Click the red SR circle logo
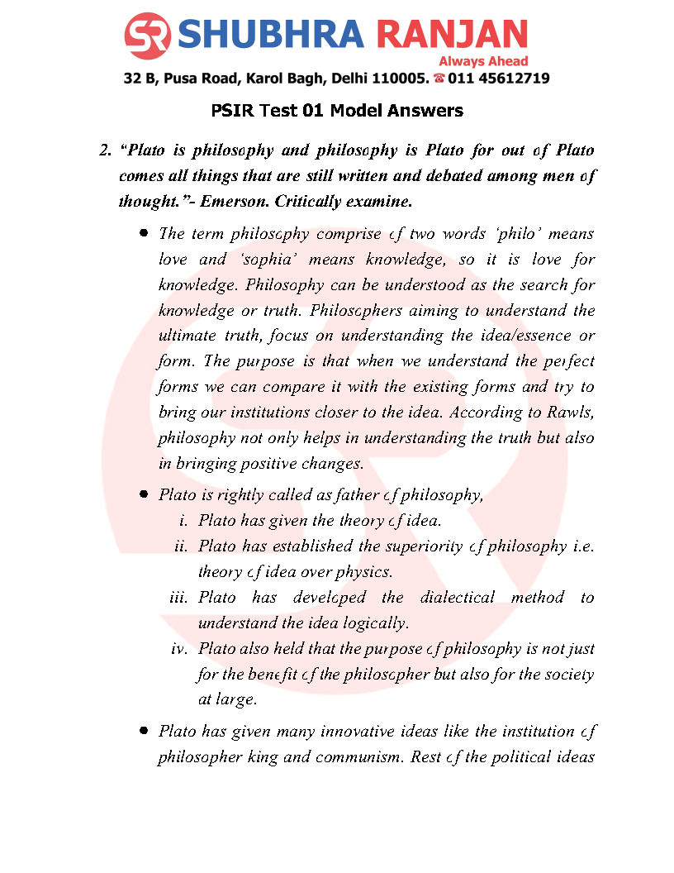[x=148, y=35]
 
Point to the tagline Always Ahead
[x=483, y=61]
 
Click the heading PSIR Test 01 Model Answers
[x=337, y=110]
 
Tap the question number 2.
[x=104, y=152]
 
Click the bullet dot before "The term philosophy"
[x=144, y=234]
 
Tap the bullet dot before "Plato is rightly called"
[x=144, y=494]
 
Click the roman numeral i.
[x=183, y=521]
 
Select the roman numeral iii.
[x=179, y=598]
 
